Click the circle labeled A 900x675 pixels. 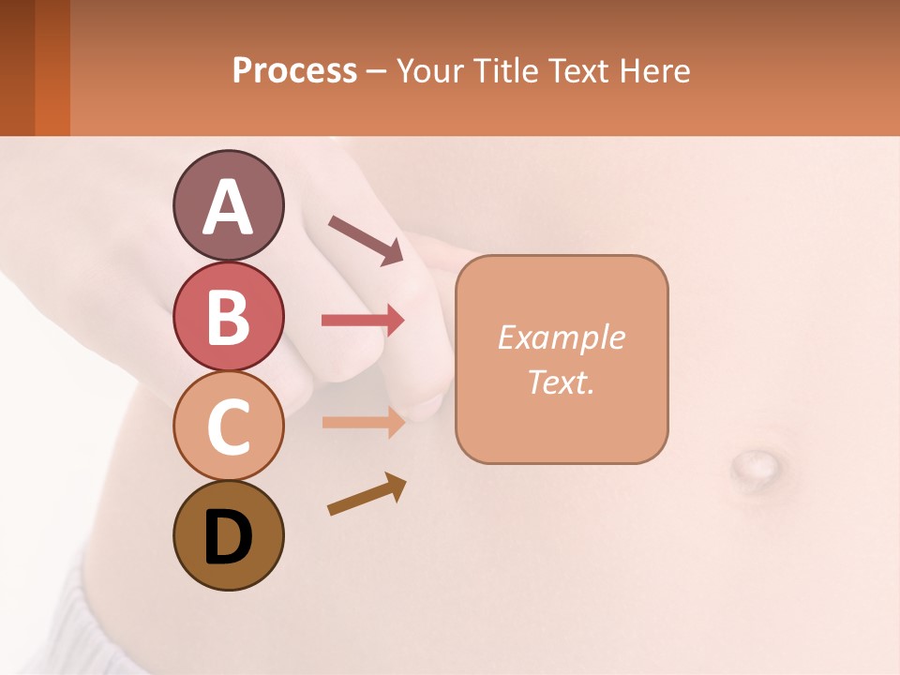[x=228, y=205]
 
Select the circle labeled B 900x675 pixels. [x=228, y=317]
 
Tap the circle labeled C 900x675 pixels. [x=228, y=427]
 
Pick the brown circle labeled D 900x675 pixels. [x=228, y=535]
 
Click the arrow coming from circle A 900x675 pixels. [x=366, y=240]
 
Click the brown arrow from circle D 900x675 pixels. [x=367, y=494]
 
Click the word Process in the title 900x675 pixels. [x=294, y=71]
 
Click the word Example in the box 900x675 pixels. [x=561, y=337]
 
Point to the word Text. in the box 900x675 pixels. [x=561, y=382]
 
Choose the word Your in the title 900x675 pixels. [x=427, y=71]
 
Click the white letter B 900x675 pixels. [x=228, y=317]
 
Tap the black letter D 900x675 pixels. [x=228, y=537]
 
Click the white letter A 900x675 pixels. [x=228, y=207]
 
